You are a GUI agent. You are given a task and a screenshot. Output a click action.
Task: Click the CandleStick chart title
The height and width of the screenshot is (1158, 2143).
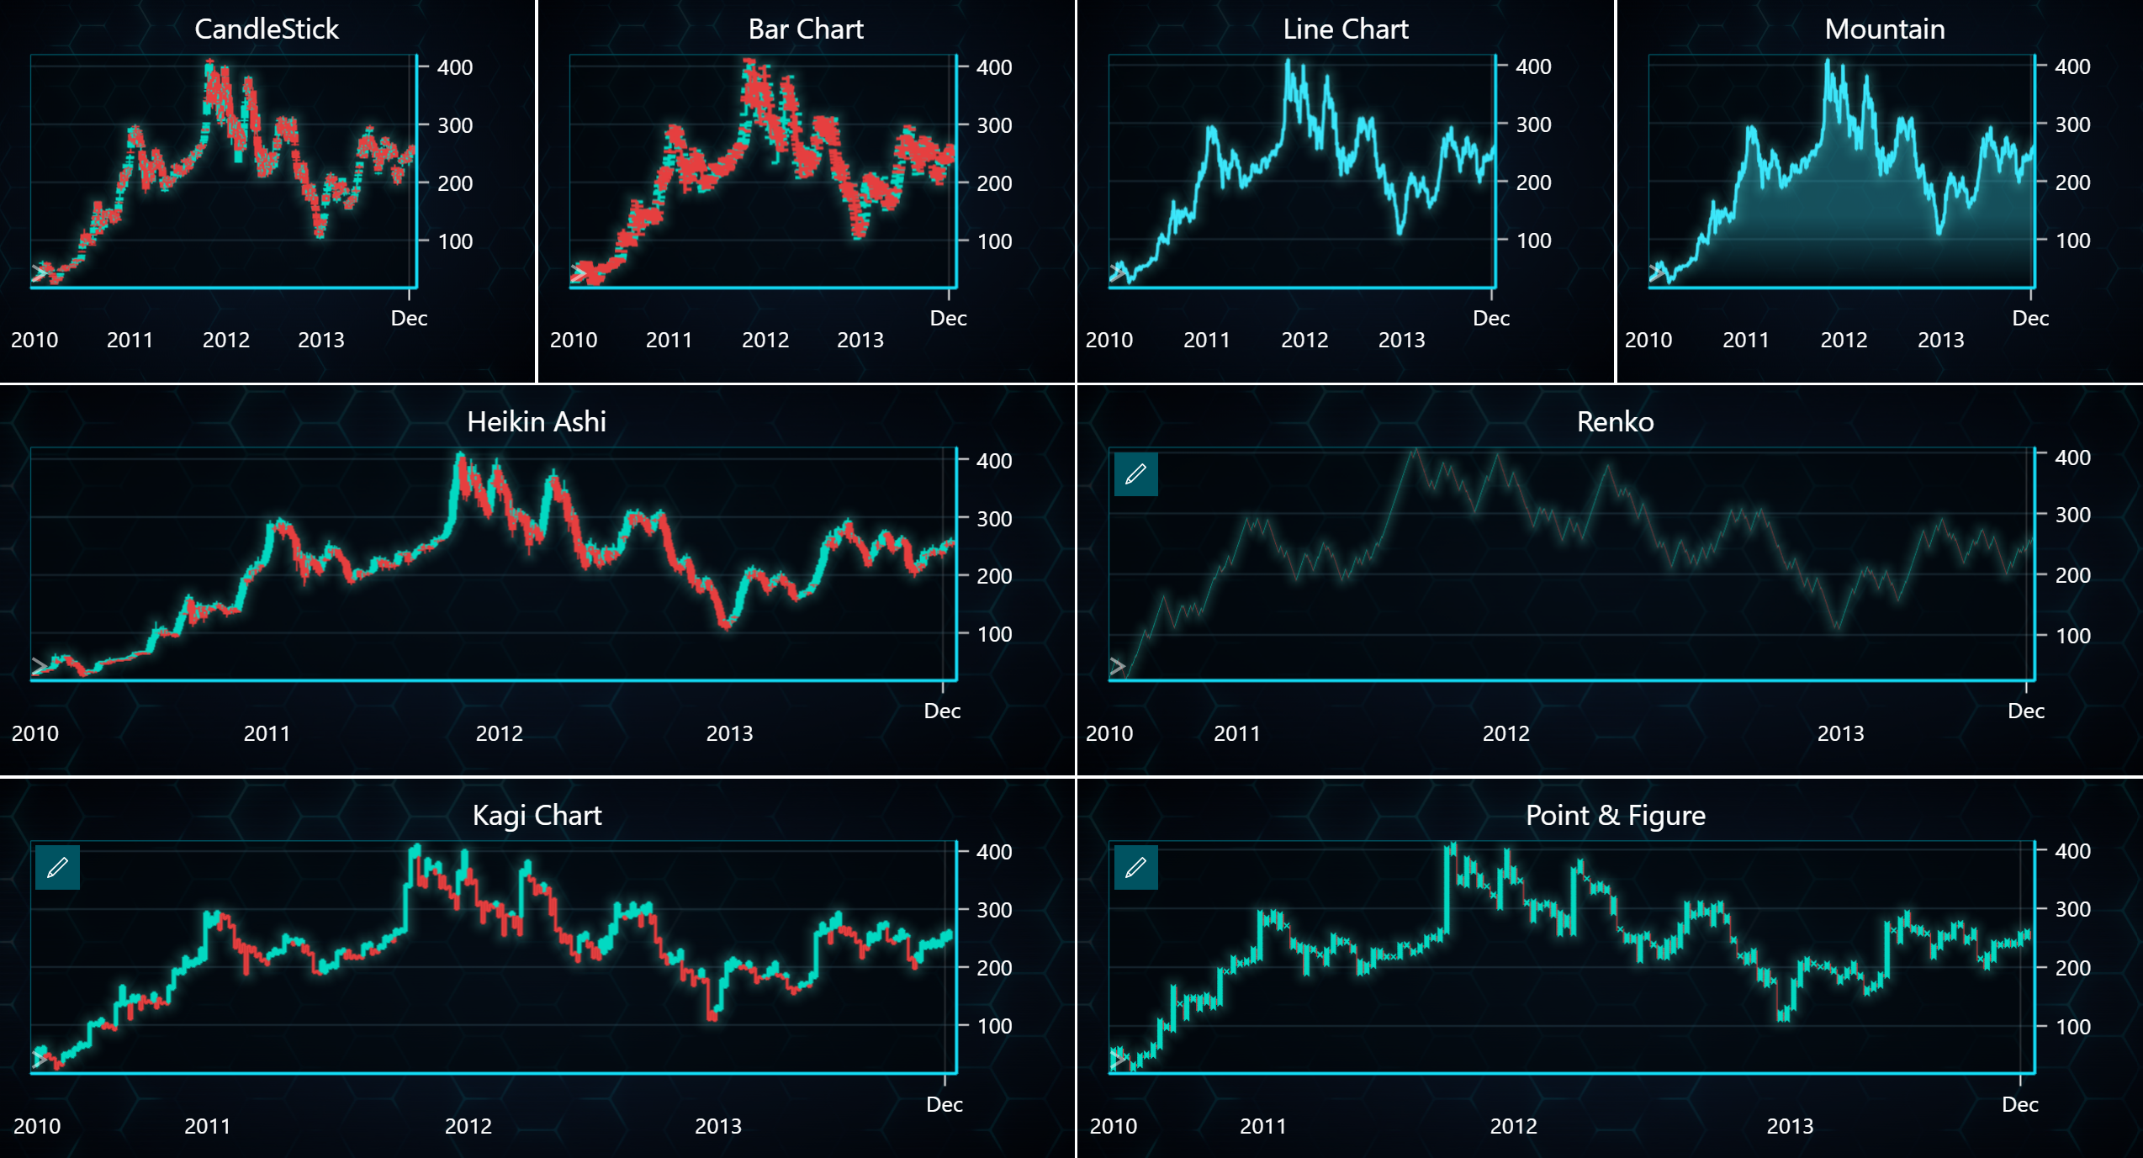(266, 29)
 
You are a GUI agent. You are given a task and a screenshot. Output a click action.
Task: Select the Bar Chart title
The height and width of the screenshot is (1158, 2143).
(805, 29)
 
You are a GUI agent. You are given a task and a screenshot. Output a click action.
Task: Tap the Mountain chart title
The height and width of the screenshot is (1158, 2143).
(1884, 29)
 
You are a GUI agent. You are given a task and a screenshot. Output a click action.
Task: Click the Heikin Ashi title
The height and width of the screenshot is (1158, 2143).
(536, 421)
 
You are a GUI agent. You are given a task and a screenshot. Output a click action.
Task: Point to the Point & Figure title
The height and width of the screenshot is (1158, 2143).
(1615, 815)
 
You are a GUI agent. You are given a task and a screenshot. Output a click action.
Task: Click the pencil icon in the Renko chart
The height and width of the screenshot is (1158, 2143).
(1135, 474)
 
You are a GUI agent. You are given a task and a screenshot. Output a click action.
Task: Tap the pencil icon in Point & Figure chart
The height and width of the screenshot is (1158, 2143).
(1135, 867)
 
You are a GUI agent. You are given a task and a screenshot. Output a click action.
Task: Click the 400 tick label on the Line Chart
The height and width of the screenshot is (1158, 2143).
(1532, 66)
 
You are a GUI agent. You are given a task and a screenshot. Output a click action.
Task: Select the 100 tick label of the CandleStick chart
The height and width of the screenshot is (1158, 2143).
(454, 241)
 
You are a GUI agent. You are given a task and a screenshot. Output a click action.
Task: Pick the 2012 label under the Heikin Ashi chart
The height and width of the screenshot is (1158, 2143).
(499, 733)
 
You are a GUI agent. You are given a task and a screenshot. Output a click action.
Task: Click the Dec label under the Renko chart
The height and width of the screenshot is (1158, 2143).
(2025, 711)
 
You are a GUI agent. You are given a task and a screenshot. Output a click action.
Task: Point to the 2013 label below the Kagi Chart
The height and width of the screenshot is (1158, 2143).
(717, 1126)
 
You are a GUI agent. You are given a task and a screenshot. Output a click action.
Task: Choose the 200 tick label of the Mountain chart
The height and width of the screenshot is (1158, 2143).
(2072, 182)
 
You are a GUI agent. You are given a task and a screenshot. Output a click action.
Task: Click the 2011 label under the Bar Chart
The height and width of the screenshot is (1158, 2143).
(669, 340)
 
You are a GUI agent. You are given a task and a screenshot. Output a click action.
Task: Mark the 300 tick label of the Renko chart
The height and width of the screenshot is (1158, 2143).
(2072, 515)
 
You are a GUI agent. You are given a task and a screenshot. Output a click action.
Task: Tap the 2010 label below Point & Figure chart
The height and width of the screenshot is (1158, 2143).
(1113, 1126)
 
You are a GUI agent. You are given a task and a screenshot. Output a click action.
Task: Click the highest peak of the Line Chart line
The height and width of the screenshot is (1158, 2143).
(1287, 61)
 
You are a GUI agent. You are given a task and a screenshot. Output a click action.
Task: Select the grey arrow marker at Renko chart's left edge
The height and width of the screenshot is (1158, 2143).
(1117, 666)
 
